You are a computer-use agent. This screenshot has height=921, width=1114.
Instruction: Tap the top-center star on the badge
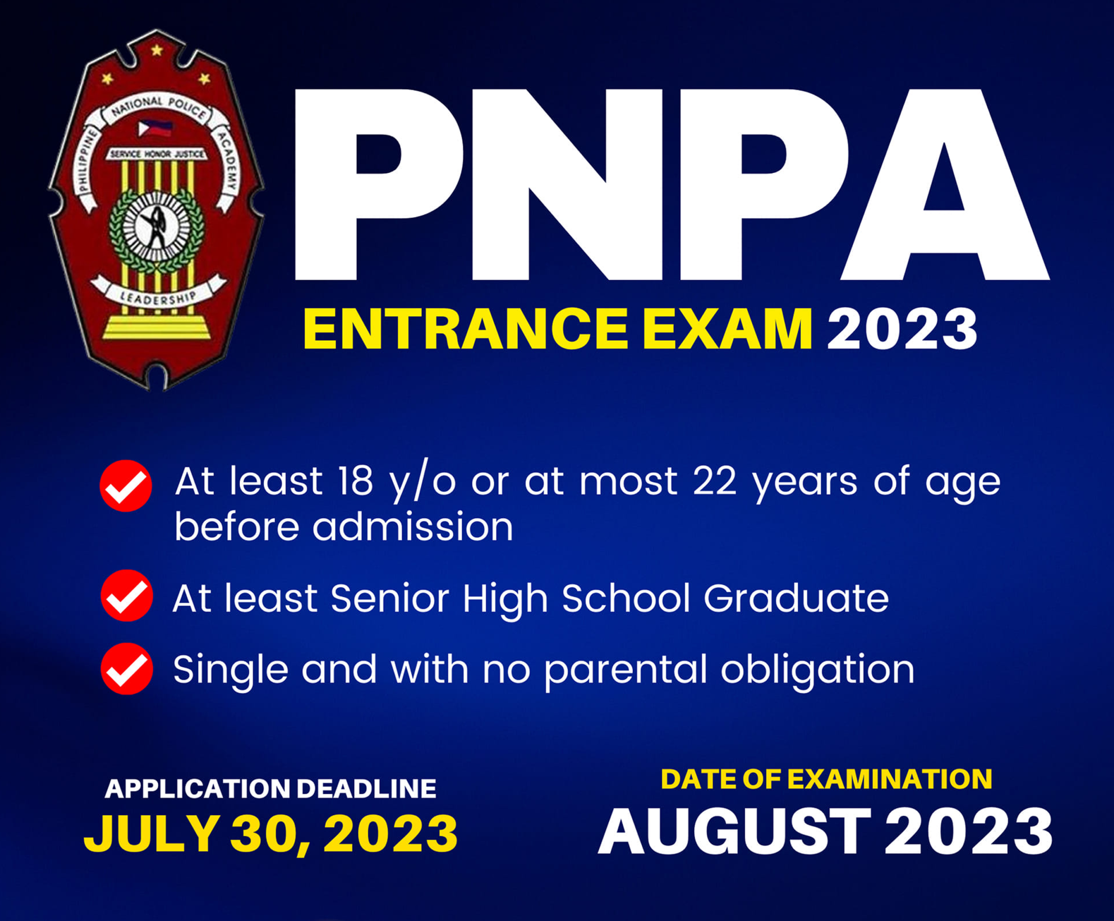pyautogui.click(x=157, y=50)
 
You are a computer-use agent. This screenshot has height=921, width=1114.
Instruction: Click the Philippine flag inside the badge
pyautogui.click(x=155, y=128)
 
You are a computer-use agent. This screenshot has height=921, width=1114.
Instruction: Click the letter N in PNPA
pyautogui.click(x=567, y=184)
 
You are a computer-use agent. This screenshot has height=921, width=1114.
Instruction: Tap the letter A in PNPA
pyautogui.click(x=945, y=184)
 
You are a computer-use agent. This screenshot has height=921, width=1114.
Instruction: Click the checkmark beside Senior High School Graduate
pyautogui.click(x=127, y=595)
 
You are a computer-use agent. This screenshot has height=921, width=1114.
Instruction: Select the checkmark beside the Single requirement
pyautogui.click(x=127, y=669)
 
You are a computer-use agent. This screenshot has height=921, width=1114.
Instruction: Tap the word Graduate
pyautogui.click(x=796, y=598)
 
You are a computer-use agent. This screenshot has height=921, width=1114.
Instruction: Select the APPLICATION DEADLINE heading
pyautogui.click(x=271, y=788)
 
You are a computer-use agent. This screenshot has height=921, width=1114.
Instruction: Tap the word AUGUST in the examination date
pyautogui.click(x=735, y=831)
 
